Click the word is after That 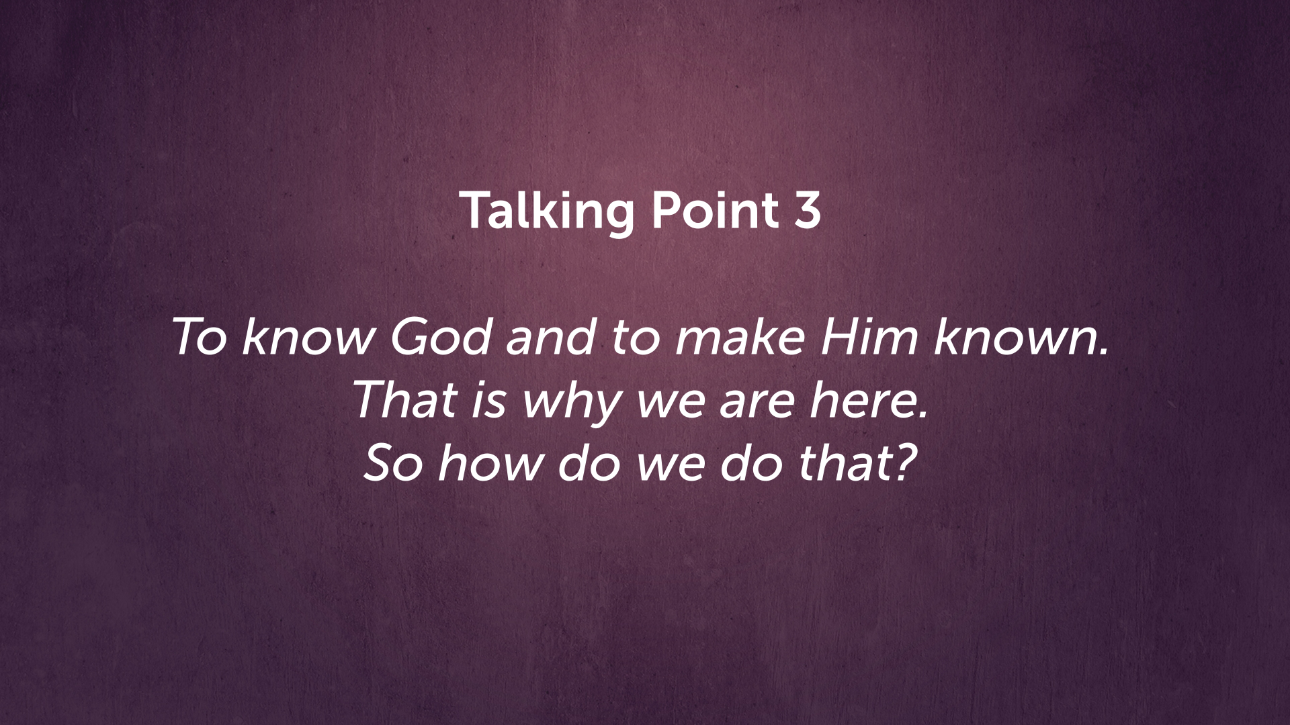coord(489,400)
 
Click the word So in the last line coord(393,463)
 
